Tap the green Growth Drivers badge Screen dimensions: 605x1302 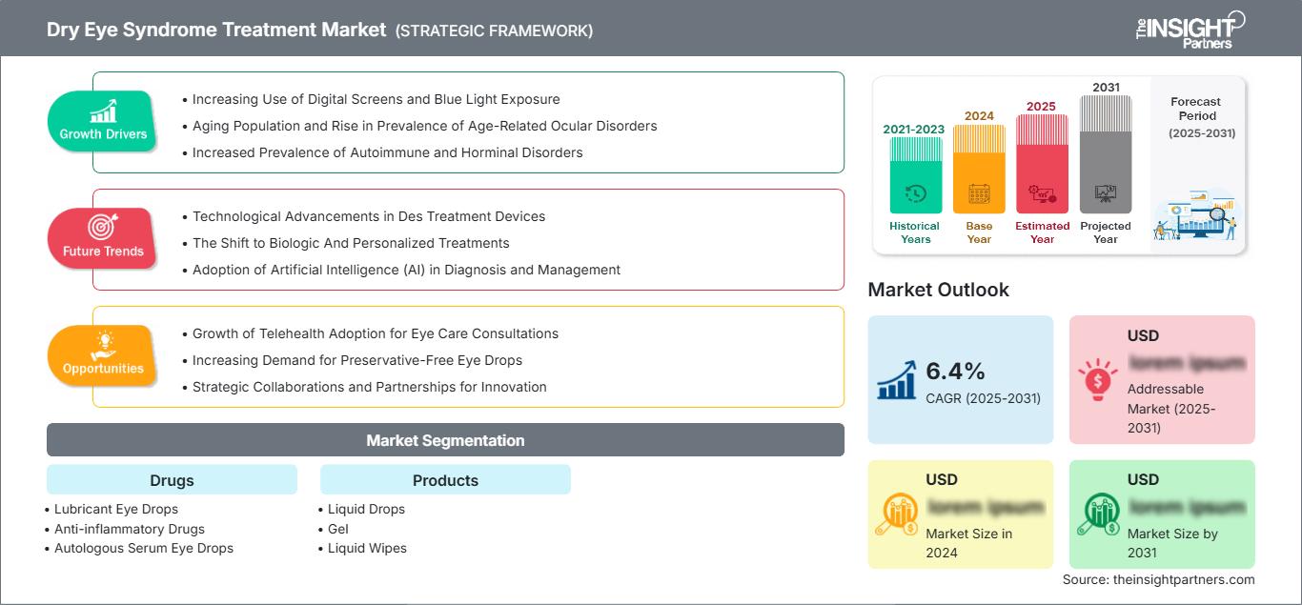click(103, 121)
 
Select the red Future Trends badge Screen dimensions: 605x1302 click(103, 238)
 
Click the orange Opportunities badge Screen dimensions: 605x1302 click(103, 355)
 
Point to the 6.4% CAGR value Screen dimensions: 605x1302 click(956, 371)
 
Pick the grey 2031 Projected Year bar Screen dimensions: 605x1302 click(1106, 154)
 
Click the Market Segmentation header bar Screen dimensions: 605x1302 click(445, 440)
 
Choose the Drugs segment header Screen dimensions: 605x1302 click(172, 479)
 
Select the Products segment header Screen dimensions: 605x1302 click(445, 479)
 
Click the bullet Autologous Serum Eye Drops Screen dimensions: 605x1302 click(143, 548)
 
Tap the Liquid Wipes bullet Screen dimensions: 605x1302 click(367, 548)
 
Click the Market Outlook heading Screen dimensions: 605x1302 click(938, 290)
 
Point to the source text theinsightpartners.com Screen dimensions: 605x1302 click(1159, 579)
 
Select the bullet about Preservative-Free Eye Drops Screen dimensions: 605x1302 click(356, 360)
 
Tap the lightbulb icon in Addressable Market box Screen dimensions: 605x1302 click(1096, 380)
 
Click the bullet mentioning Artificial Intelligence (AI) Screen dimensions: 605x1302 click(406, 270)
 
